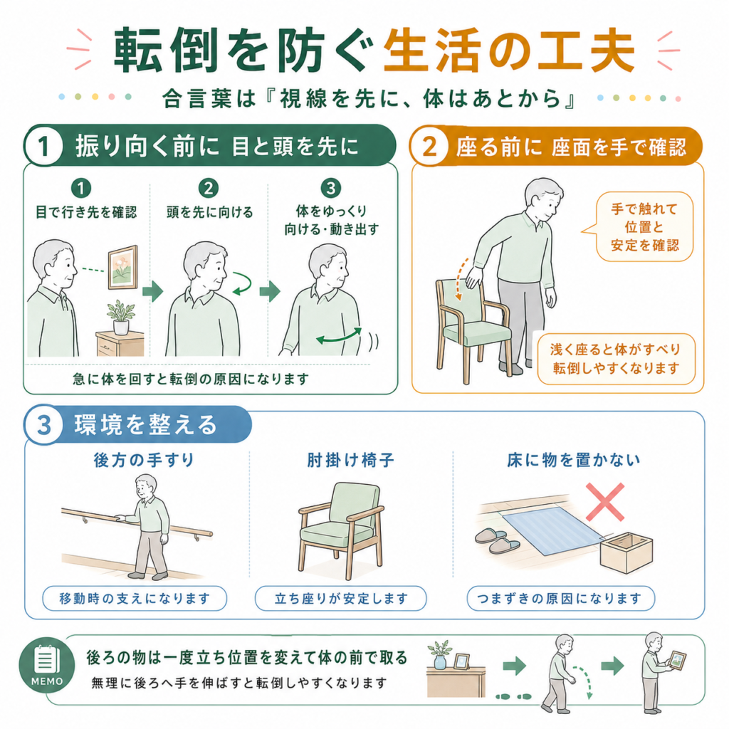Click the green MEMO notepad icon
(x=46, y=665)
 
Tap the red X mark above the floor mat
(x=605, y=502)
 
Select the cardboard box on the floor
(x=626, y=552)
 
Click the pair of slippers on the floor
(x=496, y=540)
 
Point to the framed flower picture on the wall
(x=122, y=268)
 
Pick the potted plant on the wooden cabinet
(x=121, y=317)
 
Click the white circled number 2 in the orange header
(x=429, y=146)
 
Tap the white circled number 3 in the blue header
(x=43, y=425)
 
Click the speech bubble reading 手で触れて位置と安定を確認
(x=644, y=227)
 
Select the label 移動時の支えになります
(x=135, y=598)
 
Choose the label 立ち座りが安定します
(x=341, y=598)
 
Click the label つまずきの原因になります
(x=561, y=598)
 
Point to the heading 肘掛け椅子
(x=350, y=461)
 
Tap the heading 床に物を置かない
(x=574, y=461)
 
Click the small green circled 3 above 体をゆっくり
(x=330, y=188)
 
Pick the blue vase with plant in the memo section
(x=440, y=656)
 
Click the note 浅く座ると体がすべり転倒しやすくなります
(x=616, y=359)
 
